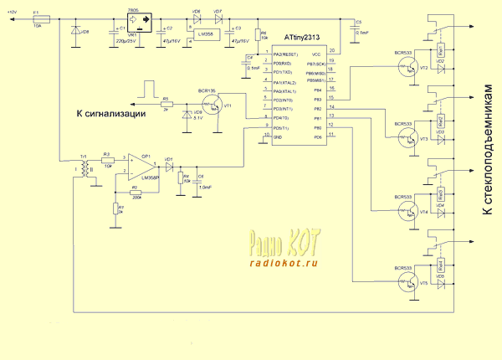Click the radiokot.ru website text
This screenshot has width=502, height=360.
284,262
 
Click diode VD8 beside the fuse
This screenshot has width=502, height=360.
75,33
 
